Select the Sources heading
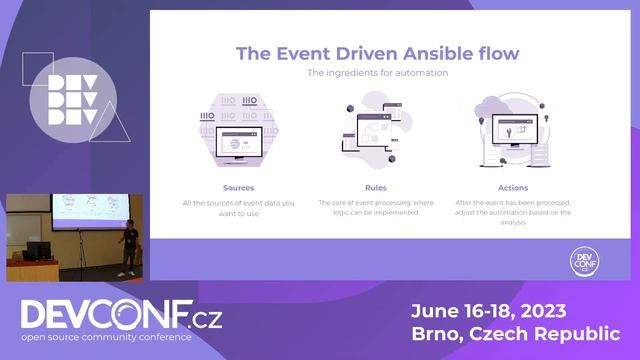pyautogui.click(x=239, y=187)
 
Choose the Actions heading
pyautogui.click(x=512, y=187)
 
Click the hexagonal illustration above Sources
pyautogui.click(x=239, y=132)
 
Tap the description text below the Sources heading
pyautogui.click(x=239, y=208)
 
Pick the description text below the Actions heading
pyautogui.click(x=512, y=213)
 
